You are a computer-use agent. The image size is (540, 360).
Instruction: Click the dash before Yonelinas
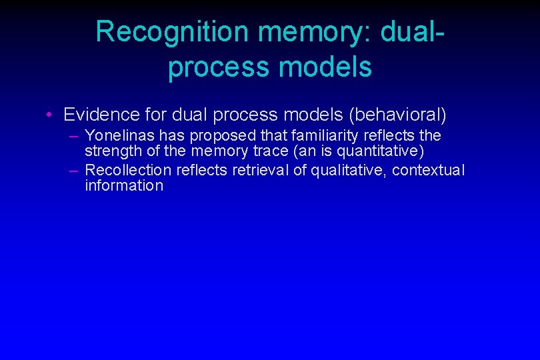73,136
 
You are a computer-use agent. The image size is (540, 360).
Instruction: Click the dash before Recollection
73,170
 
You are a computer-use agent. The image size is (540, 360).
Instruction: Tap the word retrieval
260,170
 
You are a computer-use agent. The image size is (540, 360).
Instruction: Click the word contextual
428,170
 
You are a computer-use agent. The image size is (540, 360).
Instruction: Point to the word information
124,185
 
